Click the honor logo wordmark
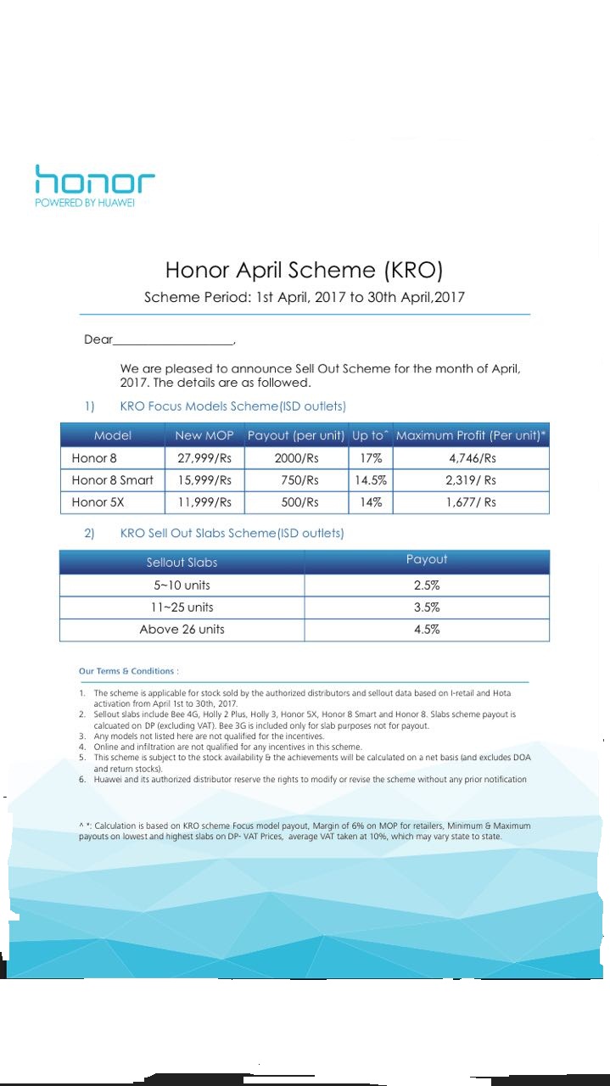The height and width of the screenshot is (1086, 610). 94,180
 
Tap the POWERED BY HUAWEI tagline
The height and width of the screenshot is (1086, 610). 84,204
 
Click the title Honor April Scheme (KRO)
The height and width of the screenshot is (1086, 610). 304,270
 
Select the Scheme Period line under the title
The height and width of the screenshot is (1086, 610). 304,297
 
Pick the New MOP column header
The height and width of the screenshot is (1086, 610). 204,435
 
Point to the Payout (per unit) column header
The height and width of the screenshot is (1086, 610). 295,435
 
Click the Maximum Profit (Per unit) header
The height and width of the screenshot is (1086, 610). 471,435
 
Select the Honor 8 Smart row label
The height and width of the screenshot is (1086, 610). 112,480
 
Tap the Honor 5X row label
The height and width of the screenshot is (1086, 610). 98,502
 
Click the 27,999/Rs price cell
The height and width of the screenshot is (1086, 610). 204,458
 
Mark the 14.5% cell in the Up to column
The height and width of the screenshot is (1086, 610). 371,480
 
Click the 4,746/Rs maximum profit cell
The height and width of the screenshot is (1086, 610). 471,458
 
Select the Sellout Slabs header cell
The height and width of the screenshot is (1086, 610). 182,563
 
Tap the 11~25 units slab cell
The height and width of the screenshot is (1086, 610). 182,607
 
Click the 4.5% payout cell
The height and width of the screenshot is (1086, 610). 426,630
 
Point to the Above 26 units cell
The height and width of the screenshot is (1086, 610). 182,630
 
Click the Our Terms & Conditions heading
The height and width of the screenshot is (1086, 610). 128,671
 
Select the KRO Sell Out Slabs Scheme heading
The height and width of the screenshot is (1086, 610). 232,534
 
